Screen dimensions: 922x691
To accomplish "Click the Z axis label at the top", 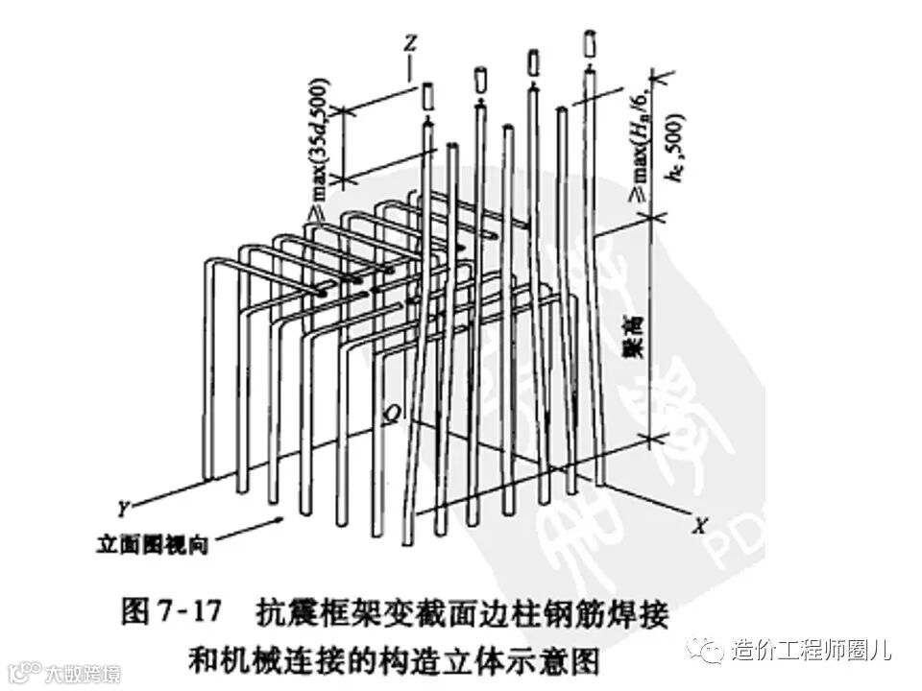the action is [x=411, y=44].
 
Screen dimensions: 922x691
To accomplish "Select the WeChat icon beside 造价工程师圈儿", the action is [x=713, y=651].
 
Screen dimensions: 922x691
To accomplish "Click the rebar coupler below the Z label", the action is [x=428, y=97].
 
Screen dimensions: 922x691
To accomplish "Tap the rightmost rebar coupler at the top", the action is [x=589, y=45].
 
